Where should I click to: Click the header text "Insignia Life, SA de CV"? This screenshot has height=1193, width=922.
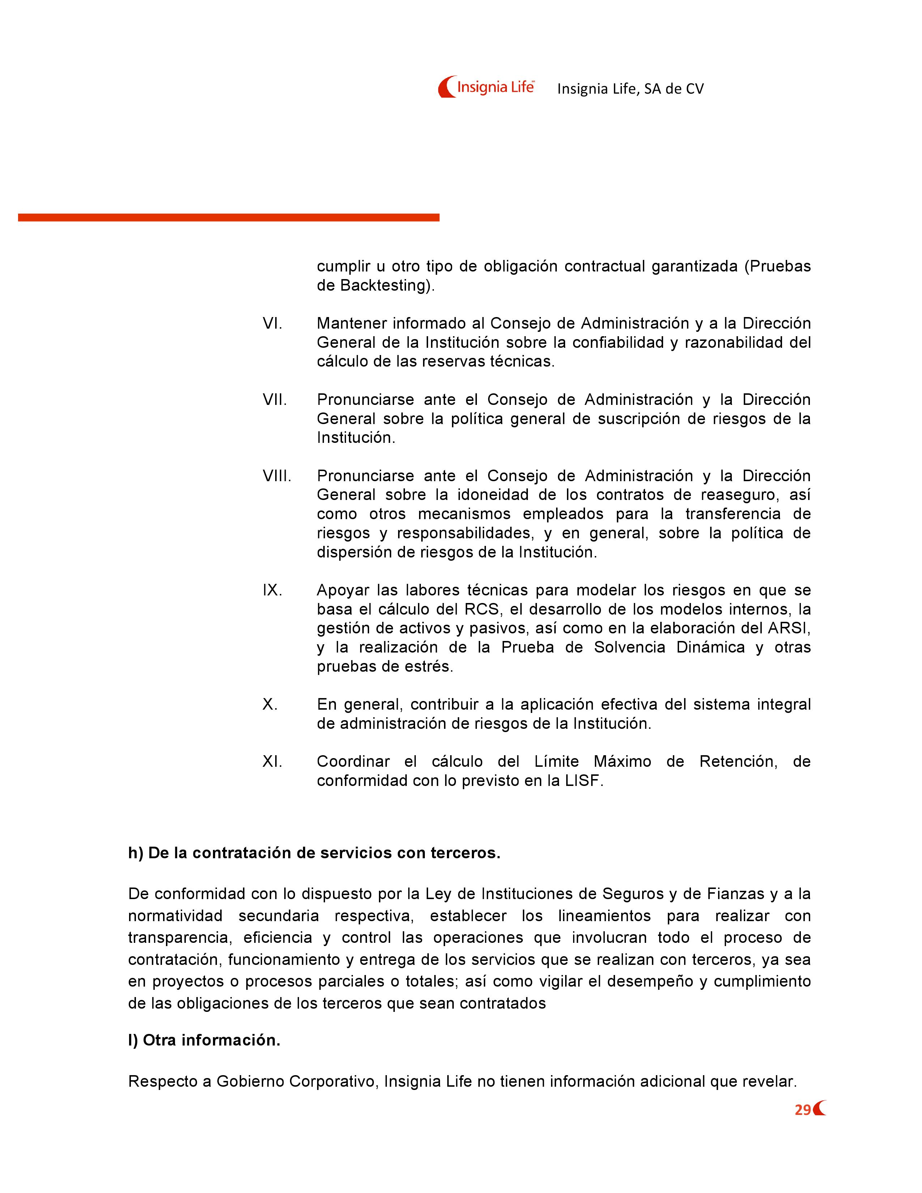coord(630,89)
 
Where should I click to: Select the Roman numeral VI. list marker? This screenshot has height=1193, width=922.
coord(272,324)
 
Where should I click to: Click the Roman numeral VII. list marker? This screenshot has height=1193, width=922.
coord(274,399)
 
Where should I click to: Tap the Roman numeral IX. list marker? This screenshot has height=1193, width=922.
coord(272,590)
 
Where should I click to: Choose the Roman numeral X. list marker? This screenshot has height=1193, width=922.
coord(270,704)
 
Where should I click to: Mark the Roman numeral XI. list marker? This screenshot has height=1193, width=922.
coord(272,761)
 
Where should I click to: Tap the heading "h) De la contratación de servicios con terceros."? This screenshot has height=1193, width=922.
coord(314,853)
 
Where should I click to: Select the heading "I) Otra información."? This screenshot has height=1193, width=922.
coord(204,1040)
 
